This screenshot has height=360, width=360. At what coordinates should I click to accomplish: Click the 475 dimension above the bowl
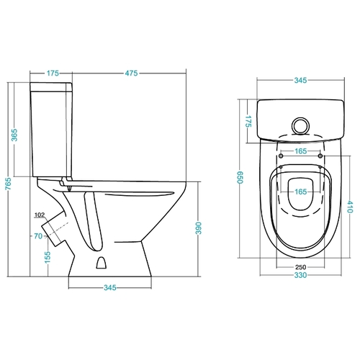pos(131,73)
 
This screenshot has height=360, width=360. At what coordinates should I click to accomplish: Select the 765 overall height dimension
pos(9,184)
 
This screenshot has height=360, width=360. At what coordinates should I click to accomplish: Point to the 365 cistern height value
pos(14,135)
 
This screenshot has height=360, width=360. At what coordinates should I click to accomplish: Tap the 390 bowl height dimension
pos(199,228)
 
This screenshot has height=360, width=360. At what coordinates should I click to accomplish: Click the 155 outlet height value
pos(48,257)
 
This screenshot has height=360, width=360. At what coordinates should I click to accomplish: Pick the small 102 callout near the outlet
pos(40,215)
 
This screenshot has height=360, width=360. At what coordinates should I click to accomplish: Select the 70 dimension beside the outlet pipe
pos(38,236)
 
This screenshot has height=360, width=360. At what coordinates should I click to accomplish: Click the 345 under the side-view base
pos(110,287)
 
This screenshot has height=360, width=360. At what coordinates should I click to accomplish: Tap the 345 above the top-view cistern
pos(300,80)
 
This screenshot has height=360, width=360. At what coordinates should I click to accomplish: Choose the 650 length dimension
pos(240,177)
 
